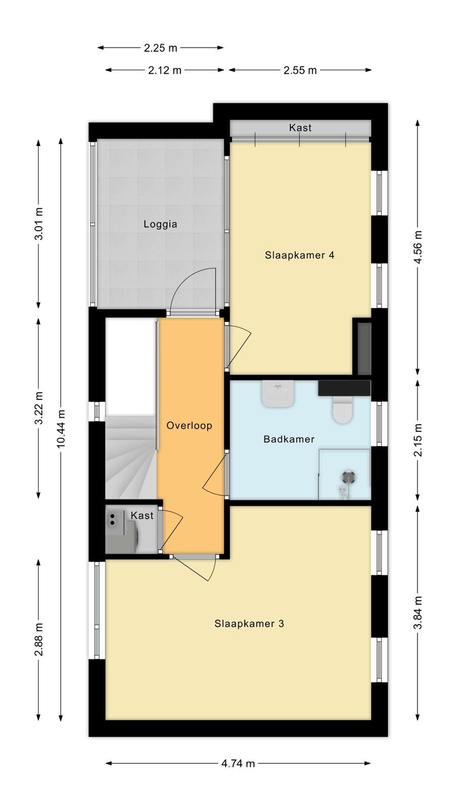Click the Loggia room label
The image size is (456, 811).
pyautogui.click(x=160, y=224)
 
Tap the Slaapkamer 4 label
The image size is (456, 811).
pyautogui.click(x=299, y=255)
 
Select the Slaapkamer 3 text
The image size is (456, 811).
pyautogui.click(x=249, y=623)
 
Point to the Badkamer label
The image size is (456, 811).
pyautogui.click(x=289, y=439)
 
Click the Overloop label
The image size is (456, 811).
pyautogui.click(x=189, y=425)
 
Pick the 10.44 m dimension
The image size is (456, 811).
pyautogui.click(x=60, y=428)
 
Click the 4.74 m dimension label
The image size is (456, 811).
pyautogui.click(x=238, y=763)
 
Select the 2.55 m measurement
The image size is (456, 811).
pyautogui.click(x=300, y=70)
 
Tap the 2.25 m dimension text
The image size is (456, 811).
pyautogui.click(x=160, y=48)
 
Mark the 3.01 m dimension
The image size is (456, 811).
pyautogui.click(x=39, y=224)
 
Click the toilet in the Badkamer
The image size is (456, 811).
pyautogui.click(x=342, y=409)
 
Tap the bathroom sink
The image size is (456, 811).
pyautogui.click(x=278, y=394)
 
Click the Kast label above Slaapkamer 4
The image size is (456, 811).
pyautogui.click(x=300, y=127)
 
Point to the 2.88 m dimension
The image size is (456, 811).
pyautogui.click(x=39, y=639)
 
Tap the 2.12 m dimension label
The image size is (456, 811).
pyautogui.click(x=165, y=70)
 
